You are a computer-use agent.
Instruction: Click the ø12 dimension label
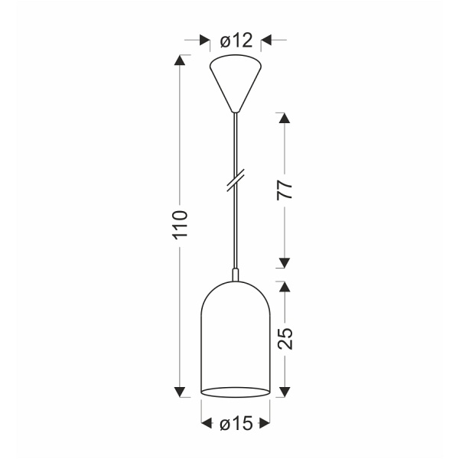[x=236, y=41]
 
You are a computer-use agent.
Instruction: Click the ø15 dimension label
[x=236, y=423]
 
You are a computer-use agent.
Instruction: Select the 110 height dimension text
[x=181, y=225]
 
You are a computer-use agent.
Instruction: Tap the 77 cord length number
[x=285, y=191]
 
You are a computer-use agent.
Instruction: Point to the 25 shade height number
[x=285, y=337]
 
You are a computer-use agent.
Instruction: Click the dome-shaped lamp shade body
[x=236, y=337]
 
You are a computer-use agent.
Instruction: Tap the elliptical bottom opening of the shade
[x=236, y=393]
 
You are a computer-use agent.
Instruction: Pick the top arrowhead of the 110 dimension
[x=181, y=60]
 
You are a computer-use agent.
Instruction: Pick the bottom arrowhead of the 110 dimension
[x=181, y=392]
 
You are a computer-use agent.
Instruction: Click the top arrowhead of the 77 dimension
[x=285, y=119]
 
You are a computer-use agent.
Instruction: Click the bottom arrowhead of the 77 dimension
[x=285, y=262]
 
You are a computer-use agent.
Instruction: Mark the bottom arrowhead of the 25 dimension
[x=285, y=392]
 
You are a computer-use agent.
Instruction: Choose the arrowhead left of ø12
[x=204, y=41]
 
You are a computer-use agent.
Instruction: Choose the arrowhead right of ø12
[x=268, y=41]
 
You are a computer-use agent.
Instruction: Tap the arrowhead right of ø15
[x=265, y=423]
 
